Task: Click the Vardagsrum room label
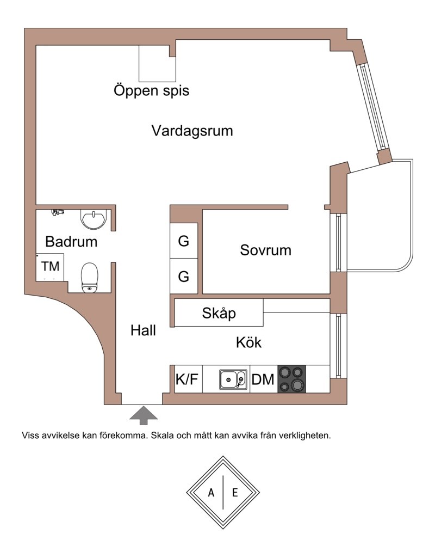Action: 192,131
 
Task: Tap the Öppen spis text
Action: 151,90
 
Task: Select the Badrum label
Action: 71,241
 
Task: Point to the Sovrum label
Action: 265,250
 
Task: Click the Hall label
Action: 144,330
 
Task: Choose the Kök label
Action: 248,343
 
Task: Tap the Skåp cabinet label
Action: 219,314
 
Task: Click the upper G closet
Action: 184,241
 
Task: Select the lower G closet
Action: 184,277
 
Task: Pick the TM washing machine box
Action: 51,267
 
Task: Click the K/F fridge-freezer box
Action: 186,379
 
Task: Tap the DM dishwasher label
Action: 263,379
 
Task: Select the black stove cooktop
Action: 291,379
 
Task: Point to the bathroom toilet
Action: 89,277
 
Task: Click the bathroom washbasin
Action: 94,219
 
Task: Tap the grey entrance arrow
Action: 144,414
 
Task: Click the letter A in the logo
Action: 211,493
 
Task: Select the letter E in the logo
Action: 235,493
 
